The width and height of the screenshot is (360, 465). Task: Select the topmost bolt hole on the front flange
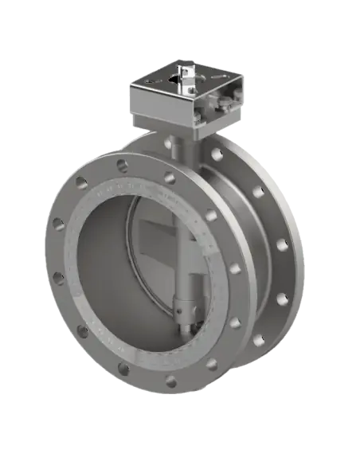tap(121, 166)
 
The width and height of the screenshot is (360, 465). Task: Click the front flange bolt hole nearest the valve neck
tap(170, 178)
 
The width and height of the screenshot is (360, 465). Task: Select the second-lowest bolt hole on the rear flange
tap(280, 299)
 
